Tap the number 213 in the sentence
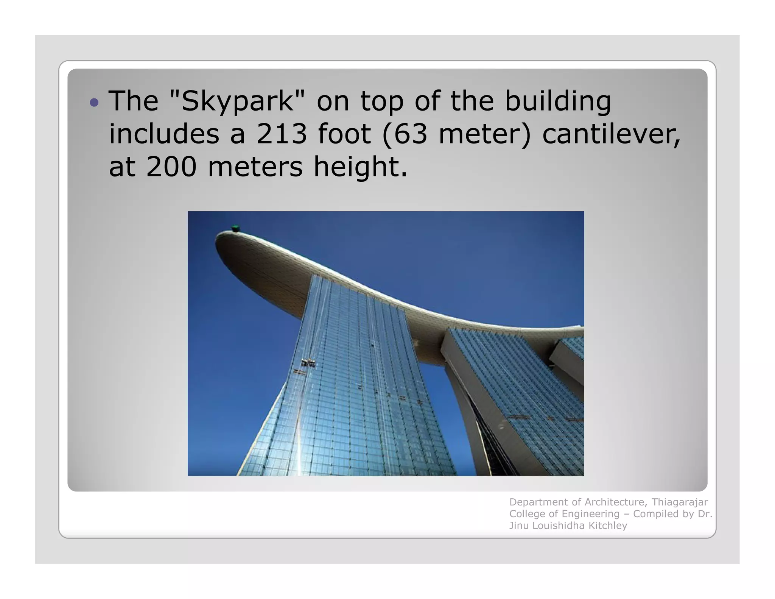click(282, 134)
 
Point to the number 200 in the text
click(171, 167)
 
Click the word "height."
click(361, 167)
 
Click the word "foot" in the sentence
click(344, 134)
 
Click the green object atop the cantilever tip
click(235, 228)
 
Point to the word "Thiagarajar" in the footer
click(680, 502)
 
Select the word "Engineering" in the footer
click(591, 514)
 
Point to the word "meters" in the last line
click(255, 167)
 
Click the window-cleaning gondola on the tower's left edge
click(308, 363)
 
